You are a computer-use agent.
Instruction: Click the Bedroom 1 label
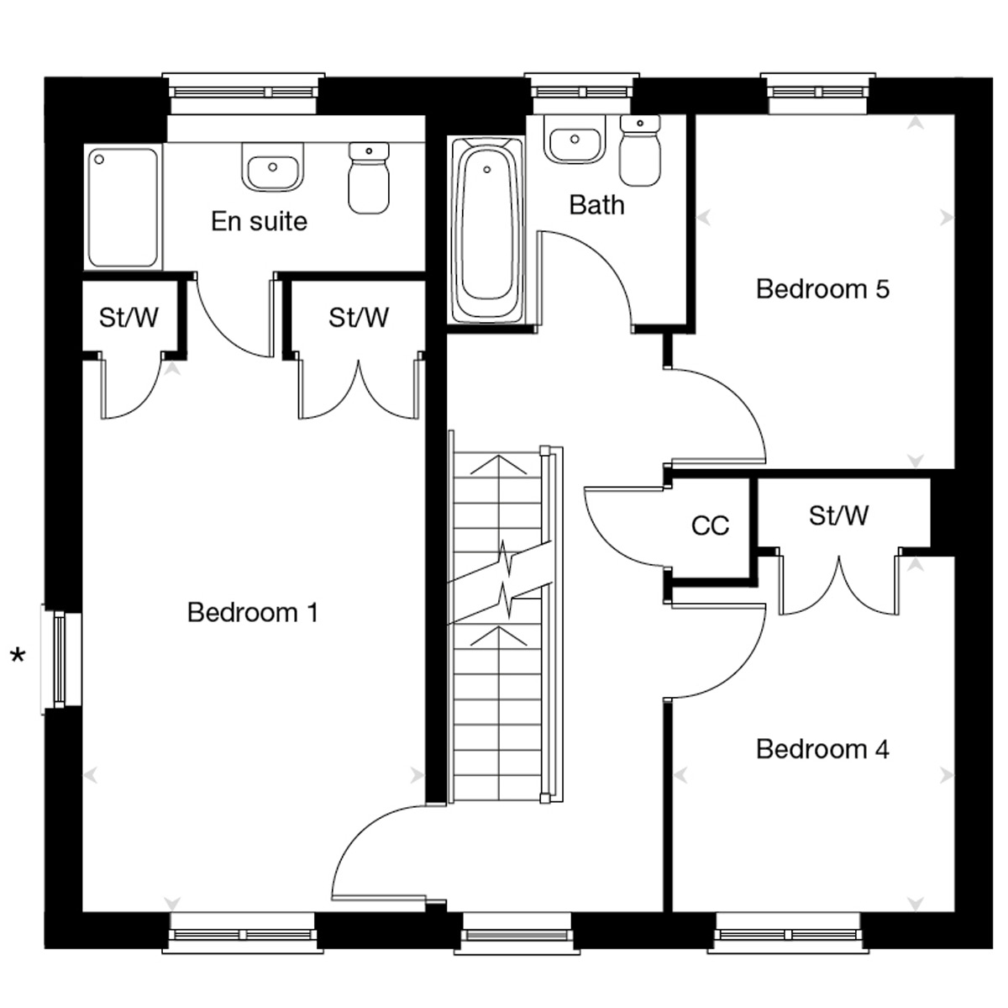pyautogui.click(x=253, y=612)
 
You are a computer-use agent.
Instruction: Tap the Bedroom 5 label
pyautogui.click(x=822, y=289)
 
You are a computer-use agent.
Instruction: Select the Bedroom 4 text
pyautogui.click(x=822, y=749)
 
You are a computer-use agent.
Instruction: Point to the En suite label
pyautogui.click(x=259, y=221)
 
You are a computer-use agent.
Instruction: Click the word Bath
pyautogui.click(x=597, y=205)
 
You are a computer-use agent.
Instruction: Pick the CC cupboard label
pyautogui.click(x=710, y=525)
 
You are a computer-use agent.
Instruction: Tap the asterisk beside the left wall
pyautogui.click(x=18, y=655)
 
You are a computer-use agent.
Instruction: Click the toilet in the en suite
pyautogui.click(x=369, y=178)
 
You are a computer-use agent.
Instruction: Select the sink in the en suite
pyautogui.click(x=272, y=167)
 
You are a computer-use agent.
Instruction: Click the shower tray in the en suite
pyautogui.click(x=123, y=208)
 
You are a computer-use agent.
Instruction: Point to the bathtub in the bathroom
pyautogui.click(x=486, y=230)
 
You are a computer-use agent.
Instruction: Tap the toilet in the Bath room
pyautogui.click(x=640, y=150)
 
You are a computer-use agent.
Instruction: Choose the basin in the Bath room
pyautogui.click(x=575, y=140)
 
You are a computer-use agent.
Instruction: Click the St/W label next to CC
pyautogui.click(x=838, y=516)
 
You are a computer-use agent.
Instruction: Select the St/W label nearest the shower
pyautogui.click(x=129, y=317)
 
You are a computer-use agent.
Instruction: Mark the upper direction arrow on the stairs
pyautogui.click(x=498, y=465)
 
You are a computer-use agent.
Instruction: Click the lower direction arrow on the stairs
pyautogui.click(x=498, y=636)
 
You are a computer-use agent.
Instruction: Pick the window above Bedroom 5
pyautogui.click(x=817, y=93)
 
